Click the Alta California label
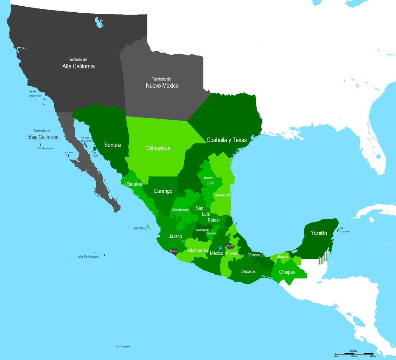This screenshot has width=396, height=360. [x=78, y=66]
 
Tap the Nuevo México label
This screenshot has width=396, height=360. [x=162, y=85]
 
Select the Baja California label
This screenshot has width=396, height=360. [x=43, y=137]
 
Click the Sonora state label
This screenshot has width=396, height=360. [x=113, y=145]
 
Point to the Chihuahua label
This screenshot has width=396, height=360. [x=158, y=148]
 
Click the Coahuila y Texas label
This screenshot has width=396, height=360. [x=227, y=140]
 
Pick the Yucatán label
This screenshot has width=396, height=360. [x=319, y=233]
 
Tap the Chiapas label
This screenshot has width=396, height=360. [x=287, y=272]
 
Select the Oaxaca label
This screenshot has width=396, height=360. [x=248, y=271]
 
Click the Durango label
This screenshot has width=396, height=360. [x=163, y=191]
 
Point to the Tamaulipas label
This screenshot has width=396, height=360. [x=222, y=195]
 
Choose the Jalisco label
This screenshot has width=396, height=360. [x=175, y=236]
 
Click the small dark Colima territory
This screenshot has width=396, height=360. [x=174, y=251]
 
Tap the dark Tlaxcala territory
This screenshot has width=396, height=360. [x=229, y=246]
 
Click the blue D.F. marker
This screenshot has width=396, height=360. [x=220, y=248]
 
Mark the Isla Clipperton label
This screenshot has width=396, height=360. [x=123, y=347]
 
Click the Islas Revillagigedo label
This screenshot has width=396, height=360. [x=89, y=257]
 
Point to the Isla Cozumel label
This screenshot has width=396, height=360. [x=344, y=230]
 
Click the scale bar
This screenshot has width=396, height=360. [x=354, y=353]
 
